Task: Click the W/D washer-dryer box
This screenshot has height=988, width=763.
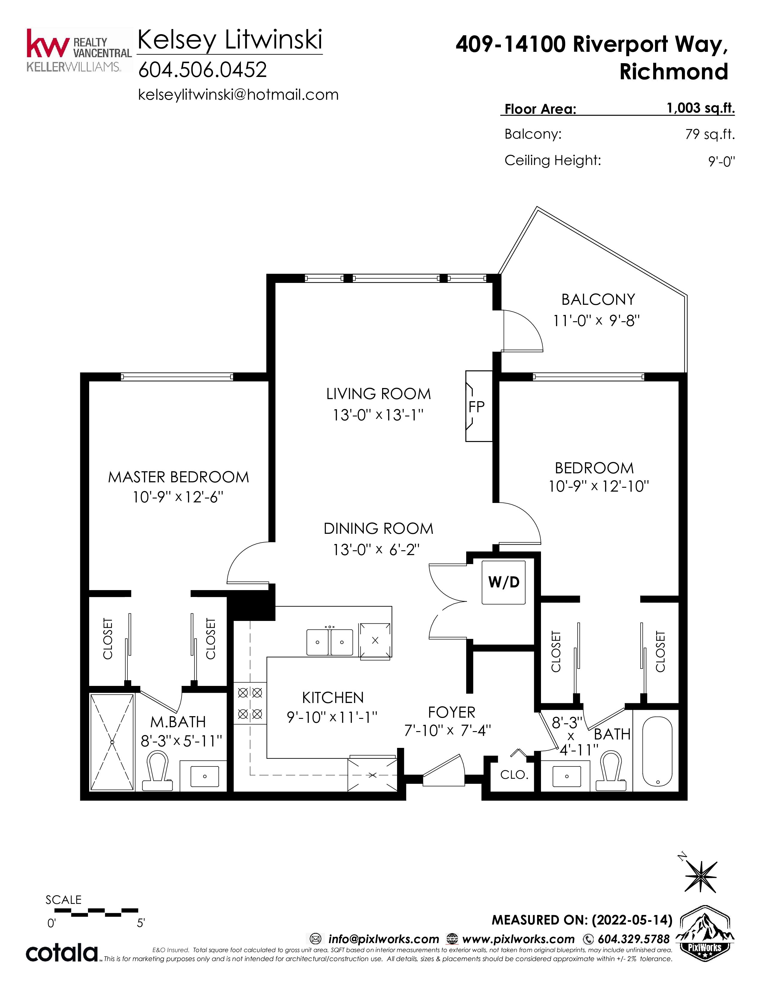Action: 504,582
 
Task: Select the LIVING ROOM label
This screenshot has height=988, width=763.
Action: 378,394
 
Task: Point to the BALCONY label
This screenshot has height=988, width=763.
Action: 598,299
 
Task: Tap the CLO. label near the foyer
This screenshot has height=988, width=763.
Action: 514,775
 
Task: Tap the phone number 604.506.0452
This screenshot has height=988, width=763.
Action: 203,70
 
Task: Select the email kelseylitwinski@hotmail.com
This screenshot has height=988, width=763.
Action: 238,95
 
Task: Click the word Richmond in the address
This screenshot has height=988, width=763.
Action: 674,72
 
